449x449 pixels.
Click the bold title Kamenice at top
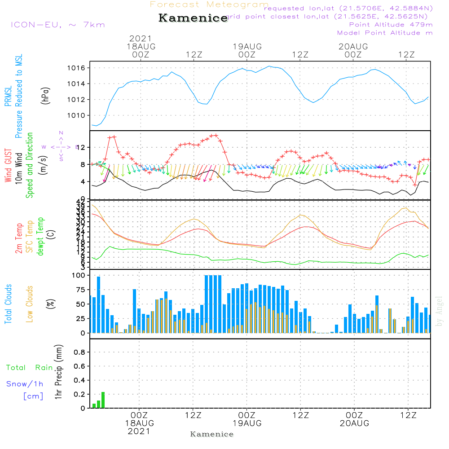pyautogui.click(x=193, y=18)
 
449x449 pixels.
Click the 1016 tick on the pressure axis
pyautogui.click(x=79, y=68)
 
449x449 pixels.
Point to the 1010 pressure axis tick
pyautogui.click(x=79, y=115)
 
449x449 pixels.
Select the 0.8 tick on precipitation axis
pyautogui.click(x=79, y=352)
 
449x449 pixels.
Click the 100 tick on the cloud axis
pyautogui.click(x=79, y=275)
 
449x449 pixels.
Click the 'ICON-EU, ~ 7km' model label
pyautogui.click(x=57, y=24)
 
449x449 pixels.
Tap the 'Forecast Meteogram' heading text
pyautogui.click(x=209, y=4)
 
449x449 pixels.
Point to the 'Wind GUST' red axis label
pyautogui.click(x=8, y=166)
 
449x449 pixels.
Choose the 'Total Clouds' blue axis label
pyautogui.click(x=8, y=304)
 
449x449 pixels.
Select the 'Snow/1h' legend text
pyautogui.click(x=25, y=384)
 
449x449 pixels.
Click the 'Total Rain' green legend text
pyautogui.click(x=29, y=367)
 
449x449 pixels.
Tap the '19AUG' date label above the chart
pyautogui.click(x=247, y=46)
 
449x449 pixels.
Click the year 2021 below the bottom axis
pyautogui.click(x=139, y=431)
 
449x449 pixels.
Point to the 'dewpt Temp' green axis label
pyautogui.click(x=40, y=237)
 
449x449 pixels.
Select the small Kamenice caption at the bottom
pyautogui.click(x=212, y=434)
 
